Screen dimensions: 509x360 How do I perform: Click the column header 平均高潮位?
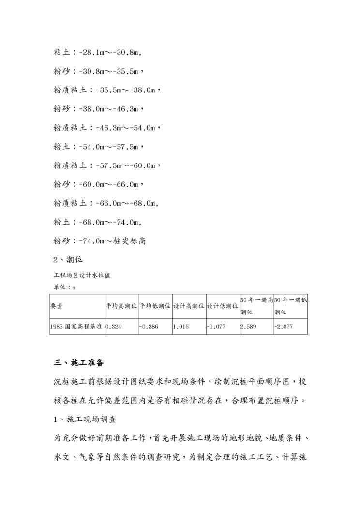point(121,306)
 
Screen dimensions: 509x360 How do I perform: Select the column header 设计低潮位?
point(222,306)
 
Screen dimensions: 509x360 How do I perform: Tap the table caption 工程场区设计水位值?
point(84,275)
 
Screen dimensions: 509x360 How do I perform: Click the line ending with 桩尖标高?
point(99,240)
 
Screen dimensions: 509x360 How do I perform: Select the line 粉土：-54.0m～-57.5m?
point(99,146)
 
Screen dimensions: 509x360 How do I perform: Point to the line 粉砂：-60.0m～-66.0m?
point(99,184)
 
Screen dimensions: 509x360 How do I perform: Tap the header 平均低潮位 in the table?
point(155,306)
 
